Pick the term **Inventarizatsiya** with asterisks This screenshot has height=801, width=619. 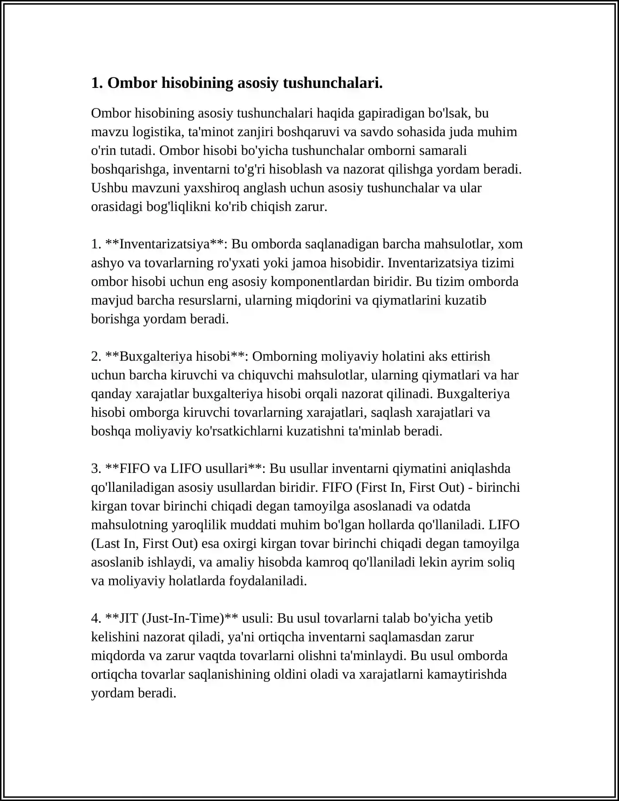(164, 244)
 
